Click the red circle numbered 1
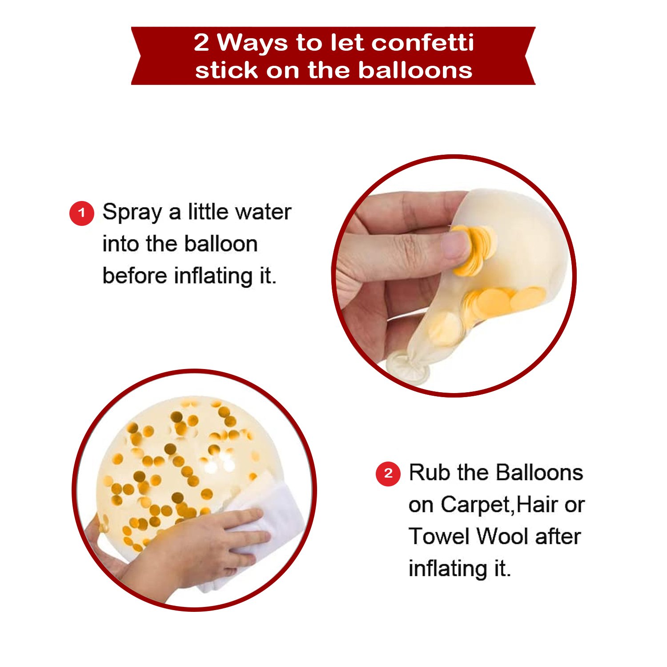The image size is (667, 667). [81, 213]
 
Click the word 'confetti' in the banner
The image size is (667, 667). [423, 43]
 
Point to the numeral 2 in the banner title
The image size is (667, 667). [201, 43]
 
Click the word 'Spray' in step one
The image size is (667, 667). [132, 213]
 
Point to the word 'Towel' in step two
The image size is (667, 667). [439, 536]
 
